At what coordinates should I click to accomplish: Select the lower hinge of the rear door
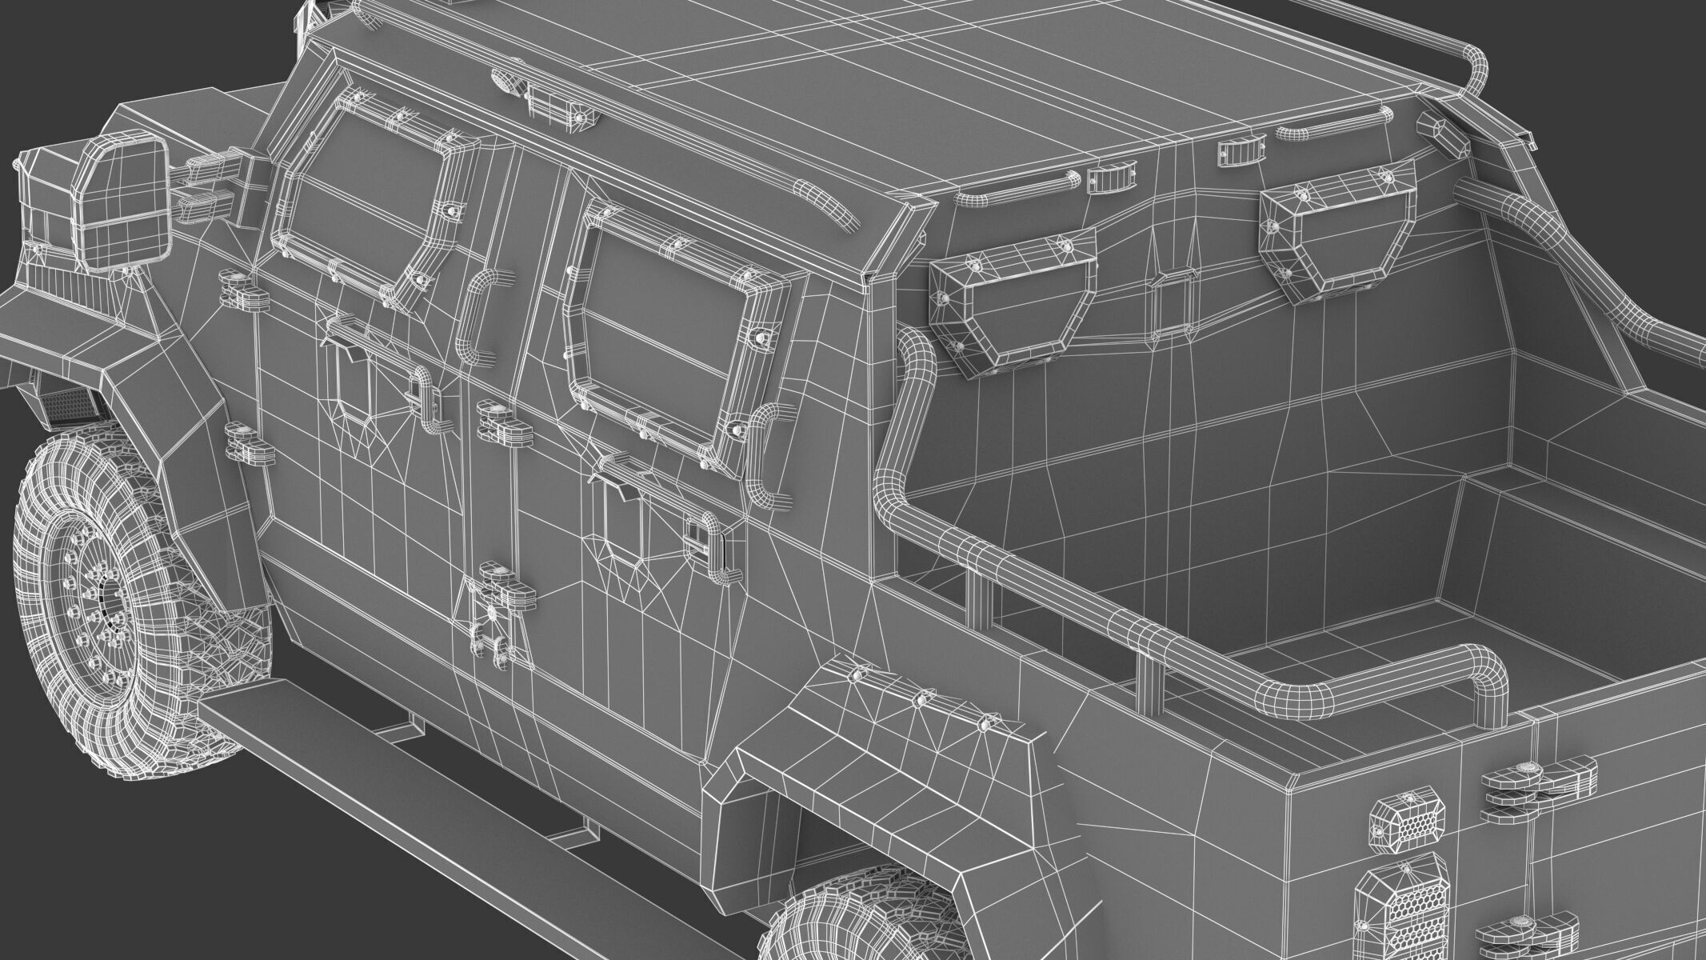(505, 583)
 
